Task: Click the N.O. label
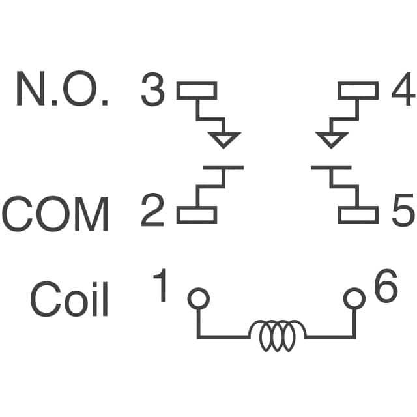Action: [63, 89]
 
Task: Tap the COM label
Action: [55, 214]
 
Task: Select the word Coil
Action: [69, 299]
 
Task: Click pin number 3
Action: [152, 89]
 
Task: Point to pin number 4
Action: [403, 89]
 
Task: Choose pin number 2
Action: [152, 210]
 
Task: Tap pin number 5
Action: [403, 210]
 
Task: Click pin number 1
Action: [160, 285]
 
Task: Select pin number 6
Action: [386, 285]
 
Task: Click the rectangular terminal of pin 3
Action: [197, 91]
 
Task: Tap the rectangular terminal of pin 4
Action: [358, 91]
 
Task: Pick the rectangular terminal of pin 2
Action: [197, 215]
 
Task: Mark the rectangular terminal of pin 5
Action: [358, 215]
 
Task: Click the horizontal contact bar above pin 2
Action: [223, 168]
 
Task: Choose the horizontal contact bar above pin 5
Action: [332, 168]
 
